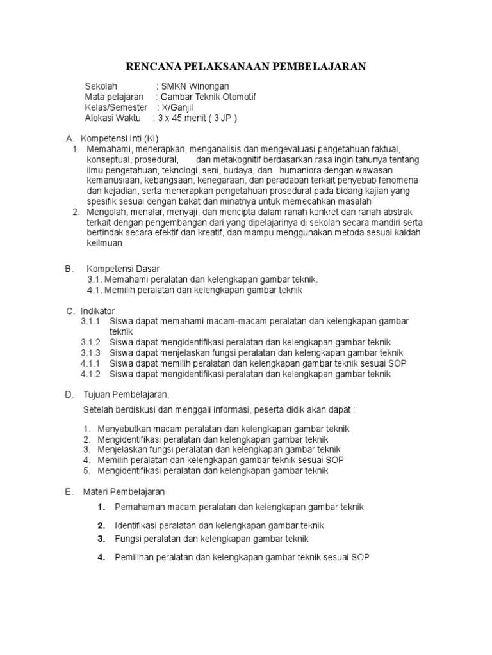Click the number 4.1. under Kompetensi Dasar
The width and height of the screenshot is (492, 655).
[95, 290]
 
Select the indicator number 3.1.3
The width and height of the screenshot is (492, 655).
[92, 353]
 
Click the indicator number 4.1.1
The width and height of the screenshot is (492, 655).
[92, 363]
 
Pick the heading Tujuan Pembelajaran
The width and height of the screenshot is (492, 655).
[127, 395]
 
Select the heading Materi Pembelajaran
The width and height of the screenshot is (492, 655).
[124, 492]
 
